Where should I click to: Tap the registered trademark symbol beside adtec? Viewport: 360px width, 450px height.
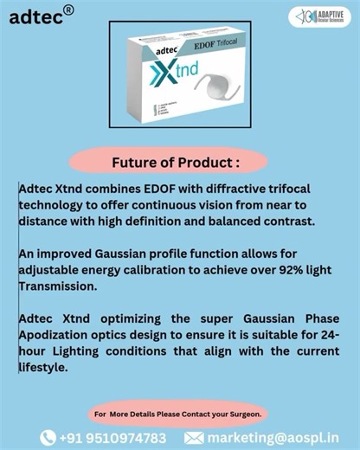(x=68, y=10)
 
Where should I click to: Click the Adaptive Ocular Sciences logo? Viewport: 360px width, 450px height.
(x=319, y=16)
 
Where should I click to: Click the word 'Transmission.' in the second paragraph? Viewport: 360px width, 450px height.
(x=60, y=286)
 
